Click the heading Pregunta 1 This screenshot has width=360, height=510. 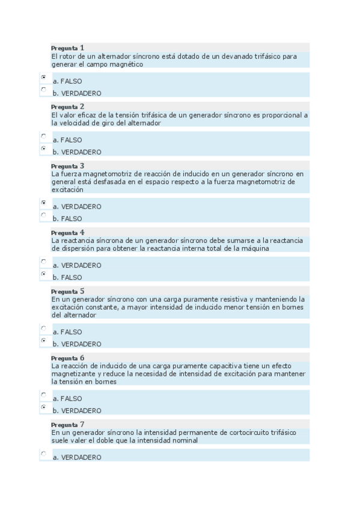click(x=67, y=48)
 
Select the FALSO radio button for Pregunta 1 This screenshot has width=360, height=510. click(x=43, y=78)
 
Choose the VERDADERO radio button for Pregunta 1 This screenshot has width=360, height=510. click(x=43, y=90)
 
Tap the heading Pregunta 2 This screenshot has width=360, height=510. click(x=67, y=106)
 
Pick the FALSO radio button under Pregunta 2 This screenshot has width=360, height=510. click(x=43, y=137)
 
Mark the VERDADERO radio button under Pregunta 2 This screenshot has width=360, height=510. click(x=43, y=148)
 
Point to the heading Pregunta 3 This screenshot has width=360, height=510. click(x=67, y=165)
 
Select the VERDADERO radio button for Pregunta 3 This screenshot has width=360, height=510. click(x=43, y=203)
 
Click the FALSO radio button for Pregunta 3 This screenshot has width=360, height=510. click(x=43, y=215)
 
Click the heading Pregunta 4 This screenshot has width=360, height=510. click(x=67, y=232)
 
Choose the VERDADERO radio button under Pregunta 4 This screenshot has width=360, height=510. click(x=43, y=262)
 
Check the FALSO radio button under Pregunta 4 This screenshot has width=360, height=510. click(x=43, y=274)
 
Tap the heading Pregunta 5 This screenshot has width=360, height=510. click(x=67, y=291)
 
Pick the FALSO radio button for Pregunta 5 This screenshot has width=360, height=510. click(x=43, y=328)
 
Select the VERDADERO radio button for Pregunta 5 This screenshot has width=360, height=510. click(x=43, y=340)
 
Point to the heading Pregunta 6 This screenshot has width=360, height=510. click(x=67, y=357)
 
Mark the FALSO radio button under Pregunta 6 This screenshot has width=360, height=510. click(x=43, y=395)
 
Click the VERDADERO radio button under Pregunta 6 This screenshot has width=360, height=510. click(x=43, y=407)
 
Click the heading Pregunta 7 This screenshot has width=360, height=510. click(x=67, y=424)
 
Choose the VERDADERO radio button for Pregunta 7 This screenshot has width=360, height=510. click(x=43, y=454)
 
